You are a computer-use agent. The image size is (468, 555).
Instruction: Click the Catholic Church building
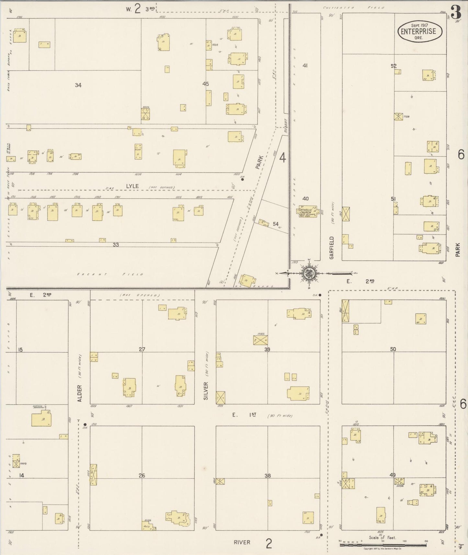pyautogui.click(x=306, y=212)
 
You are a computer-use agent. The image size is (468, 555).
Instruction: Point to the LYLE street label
pyautogui.click(x=132, y=186)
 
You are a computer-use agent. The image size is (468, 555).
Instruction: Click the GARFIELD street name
pyautogui.click(x=331, y=248)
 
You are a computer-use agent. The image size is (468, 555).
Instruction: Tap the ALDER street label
pyautogui.click(x=80, y=393)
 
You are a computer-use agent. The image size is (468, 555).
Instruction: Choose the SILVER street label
pyautogui.click(x=206, y=391)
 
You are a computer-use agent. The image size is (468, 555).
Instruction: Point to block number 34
pyautogui.click(x=78, y=85)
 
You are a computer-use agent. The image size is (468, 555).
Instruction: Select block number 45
pyautogui.click(x=206, y=84)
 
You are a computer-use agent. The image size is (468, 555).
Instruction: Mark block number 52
pyautogui.click(x=394, y=66)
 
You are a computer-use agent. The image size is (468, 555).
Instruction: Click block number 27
pyautogui.click(x=142, y=349)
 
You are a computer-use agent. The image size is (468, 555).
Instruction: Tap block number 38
pyautogui.click(x=268, y=476)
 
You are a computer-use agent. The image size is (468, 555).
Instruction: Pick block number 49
pyautogui.click(x=393, y=475)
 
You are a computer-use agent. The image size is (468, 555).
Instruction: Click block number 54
pyautogui.click(x=276, y=224)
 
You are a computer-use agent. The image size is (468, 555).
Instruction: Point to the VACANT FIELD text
pyautogui.click(x=110, y=274)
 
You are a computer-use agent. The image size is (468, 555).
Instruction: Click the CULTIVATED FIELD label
pyautogui.click(x=354, y=7)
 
